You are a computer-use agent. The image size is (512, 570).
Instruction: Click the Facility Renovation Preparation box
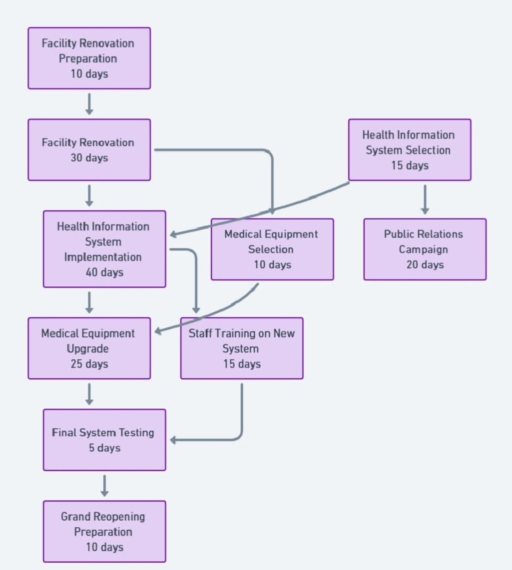pyautogui.click(x=89, y=58)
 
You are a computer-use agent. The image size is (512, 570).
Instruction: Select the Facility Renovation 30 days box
pyautogui.click(x=89, y=150)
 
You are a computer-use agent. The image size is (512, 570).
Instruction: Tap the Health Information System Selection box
pyautogui.click(x=409, y=150)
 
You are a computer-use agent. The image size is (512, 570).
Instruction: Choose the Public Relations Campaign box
pyautogui.click(x=425, y=249)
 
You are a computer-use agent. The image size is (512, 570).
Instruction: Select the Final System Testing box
pyautogui.click(x=104, y=440)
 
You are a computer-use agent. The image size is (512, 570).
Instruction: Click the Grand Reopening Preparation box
pyautogui.click(x=104, y=531)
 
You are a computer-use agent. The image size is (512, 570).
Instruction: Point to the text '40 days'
pyautogui.click(x=105, y=272)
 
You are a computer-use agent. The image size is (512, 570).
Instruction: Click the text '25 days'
pyautogui.click(x=89, y=364)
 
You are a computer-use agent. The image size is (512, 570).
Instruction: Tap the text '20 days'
pyautogui.click(x=425, y=265)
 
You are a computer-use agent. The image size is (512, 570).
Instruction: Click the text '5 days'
pyautogui.click(x=105, y=448)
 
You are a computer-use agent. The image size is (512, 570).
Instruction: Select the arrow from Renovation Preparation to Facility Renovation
pyautogui.click(x=89, y=104)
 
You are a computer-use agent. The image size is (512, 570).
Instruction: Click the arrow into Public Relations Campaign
pyautogui.click(x=425, y=200)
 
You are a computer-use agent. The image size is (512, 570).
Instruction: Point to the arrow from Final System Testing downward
pyautogui.click(x=105, y=486)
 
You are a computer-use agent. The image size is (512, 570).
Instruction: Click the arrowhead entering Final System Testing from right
pyautogui.click(x=173, y=440)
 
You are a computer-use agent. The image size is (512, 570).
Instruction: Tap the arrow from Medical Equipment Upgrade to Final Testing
pyautogui.click(x=89, y=394)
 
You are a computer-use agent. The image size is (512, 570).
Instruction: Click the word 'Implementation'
pyautogui.click(x=103, y=257)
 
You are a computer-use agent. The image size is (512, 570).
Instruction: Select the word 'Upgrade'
pyautogui.click(x=88, y=349)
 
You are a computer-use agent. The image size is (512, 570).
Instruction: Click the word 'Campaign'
pyautogui.click(x=423, y=249)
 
